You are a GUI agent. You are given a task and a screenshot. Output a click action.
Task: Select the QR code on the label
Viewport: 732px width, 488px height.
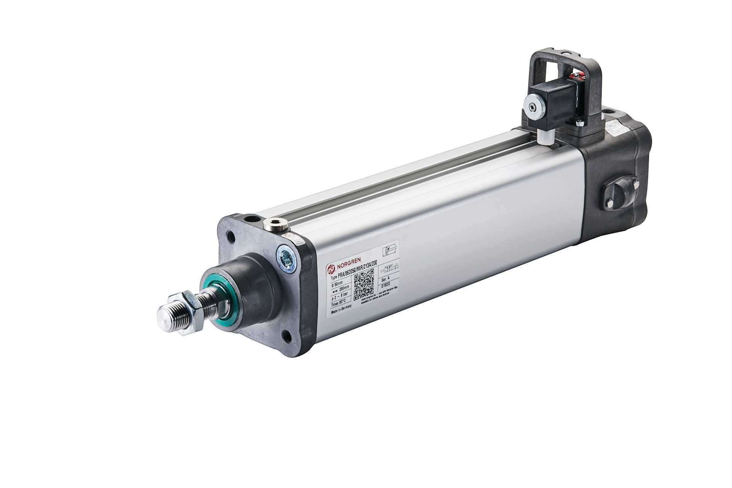[x=364, y=286]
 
